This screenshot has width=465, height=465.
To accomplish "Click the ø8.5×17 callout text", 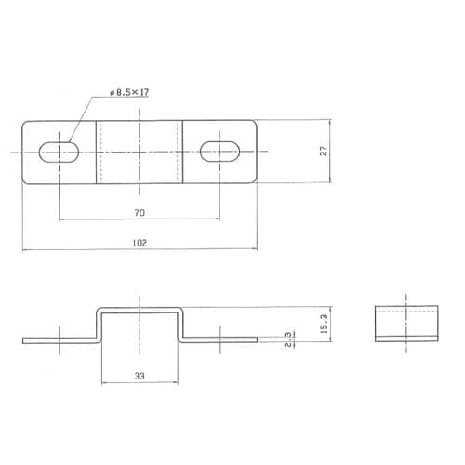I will (x=129, y=93).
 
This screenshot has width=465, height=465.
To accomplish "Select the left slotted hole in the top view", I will (x=59, y=151).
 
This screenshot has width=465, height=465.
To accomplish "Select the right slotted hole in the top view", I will (x=221, y=151).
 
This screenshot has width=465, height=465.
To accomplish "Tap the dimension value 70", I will (x=139, y=213).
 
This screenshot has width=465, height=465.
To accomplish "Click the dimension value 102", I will (x=139, y=243).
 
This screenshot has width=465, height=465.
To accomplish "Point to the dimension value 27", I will (x=323, y=151).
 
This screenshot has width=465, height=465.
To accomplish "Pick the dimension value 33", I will (x=139, y=377).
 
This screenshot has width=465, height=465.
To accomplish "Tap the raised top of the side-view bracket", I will (x=139, y=307).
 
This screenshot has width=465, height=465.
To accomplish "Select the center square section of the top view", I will (x=139, y=151).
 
